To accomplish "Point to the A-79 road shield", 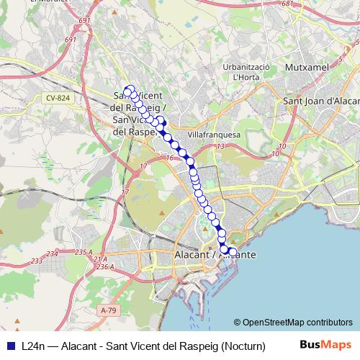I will [x=108, y=310].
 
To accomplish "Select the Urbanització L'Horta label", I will [x=246, y=71].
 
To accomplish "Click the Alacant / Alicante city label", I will [x=215, y=256].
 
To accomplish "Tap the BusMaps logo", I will [x=326, y=345].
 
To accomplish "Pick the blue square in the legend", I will [x=10, y=345].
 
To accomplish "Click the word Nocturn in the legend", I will [x=245, y=345].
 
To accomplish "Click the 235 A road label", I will [x=83, y=251].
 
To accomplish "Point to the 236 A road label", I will [x=104, y=267].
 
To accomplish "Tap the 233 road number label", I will [x=52, y=253].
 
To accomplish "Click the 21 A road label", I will [x=98, y=258].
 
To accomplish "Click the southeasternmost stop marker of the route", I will [x=233, y=251].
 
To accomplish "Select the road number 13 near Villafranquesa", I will [x=220, y=147].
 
